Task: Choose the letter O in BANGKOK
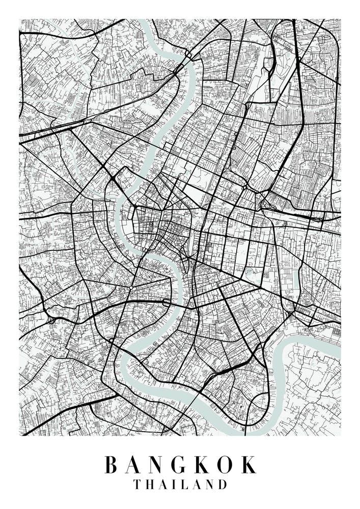pyautogui.click(x=226, y=465)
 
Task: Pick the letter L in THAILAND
pyautogui.click(x=184, y=484)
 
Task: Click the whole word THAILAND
pyautogui.click(x=180, y=484)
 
